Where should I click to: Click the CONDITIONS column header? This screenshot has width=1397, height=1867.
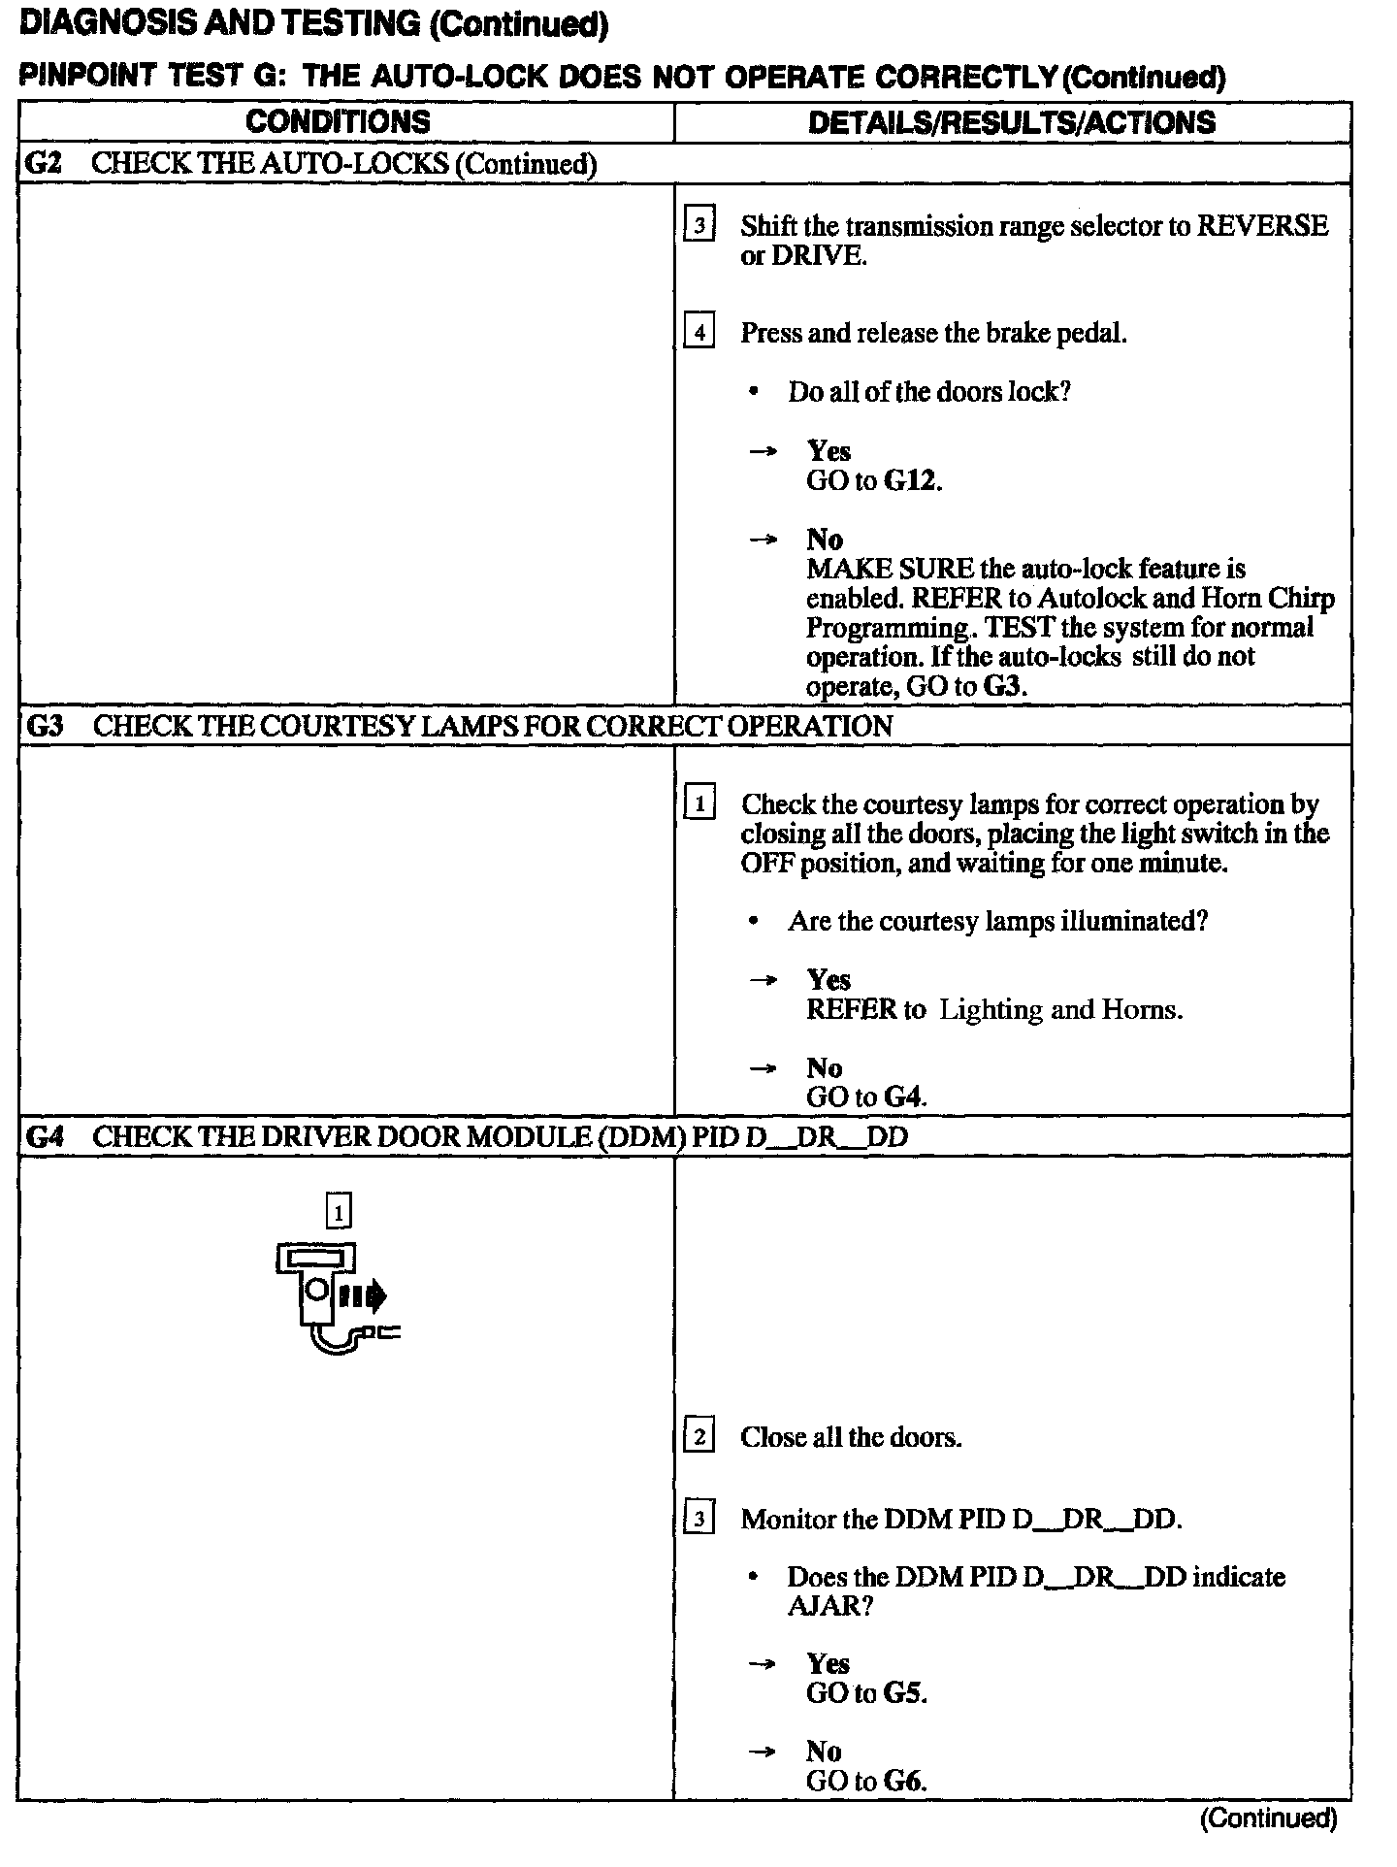point(338,122)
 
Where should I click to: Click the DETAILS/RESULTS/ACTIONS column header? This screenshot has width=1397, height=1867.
point(1011,122)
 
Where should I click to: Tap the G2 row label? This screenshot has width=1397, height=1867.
point(43,163)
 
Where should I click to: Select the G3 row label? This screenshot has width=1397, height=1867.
point(45,726)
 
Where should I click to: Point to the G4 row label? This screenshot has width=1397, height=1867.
point(45,1136)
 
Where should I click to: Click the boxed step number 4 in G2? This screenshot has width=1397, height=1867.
point(699,333)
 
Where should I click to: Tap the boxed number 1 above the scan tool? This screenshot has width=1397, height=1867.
point(338,1211)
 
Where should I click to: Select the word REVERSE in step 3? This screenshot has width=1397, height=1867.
point(1262,226)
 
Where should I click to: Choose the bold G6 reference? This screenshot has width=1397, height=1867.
point(904,1782)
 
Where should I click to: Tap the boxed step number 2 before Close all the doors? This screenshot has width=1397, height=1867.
point(699,1437)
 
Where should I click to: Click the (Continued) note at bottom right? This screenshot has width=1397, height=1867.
point(1268,1818)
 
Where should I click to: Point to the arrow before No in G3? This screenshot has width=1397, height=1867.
point(763,1068)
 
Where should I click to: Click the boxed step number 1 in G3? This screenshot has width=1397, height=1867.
point(699,804)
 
